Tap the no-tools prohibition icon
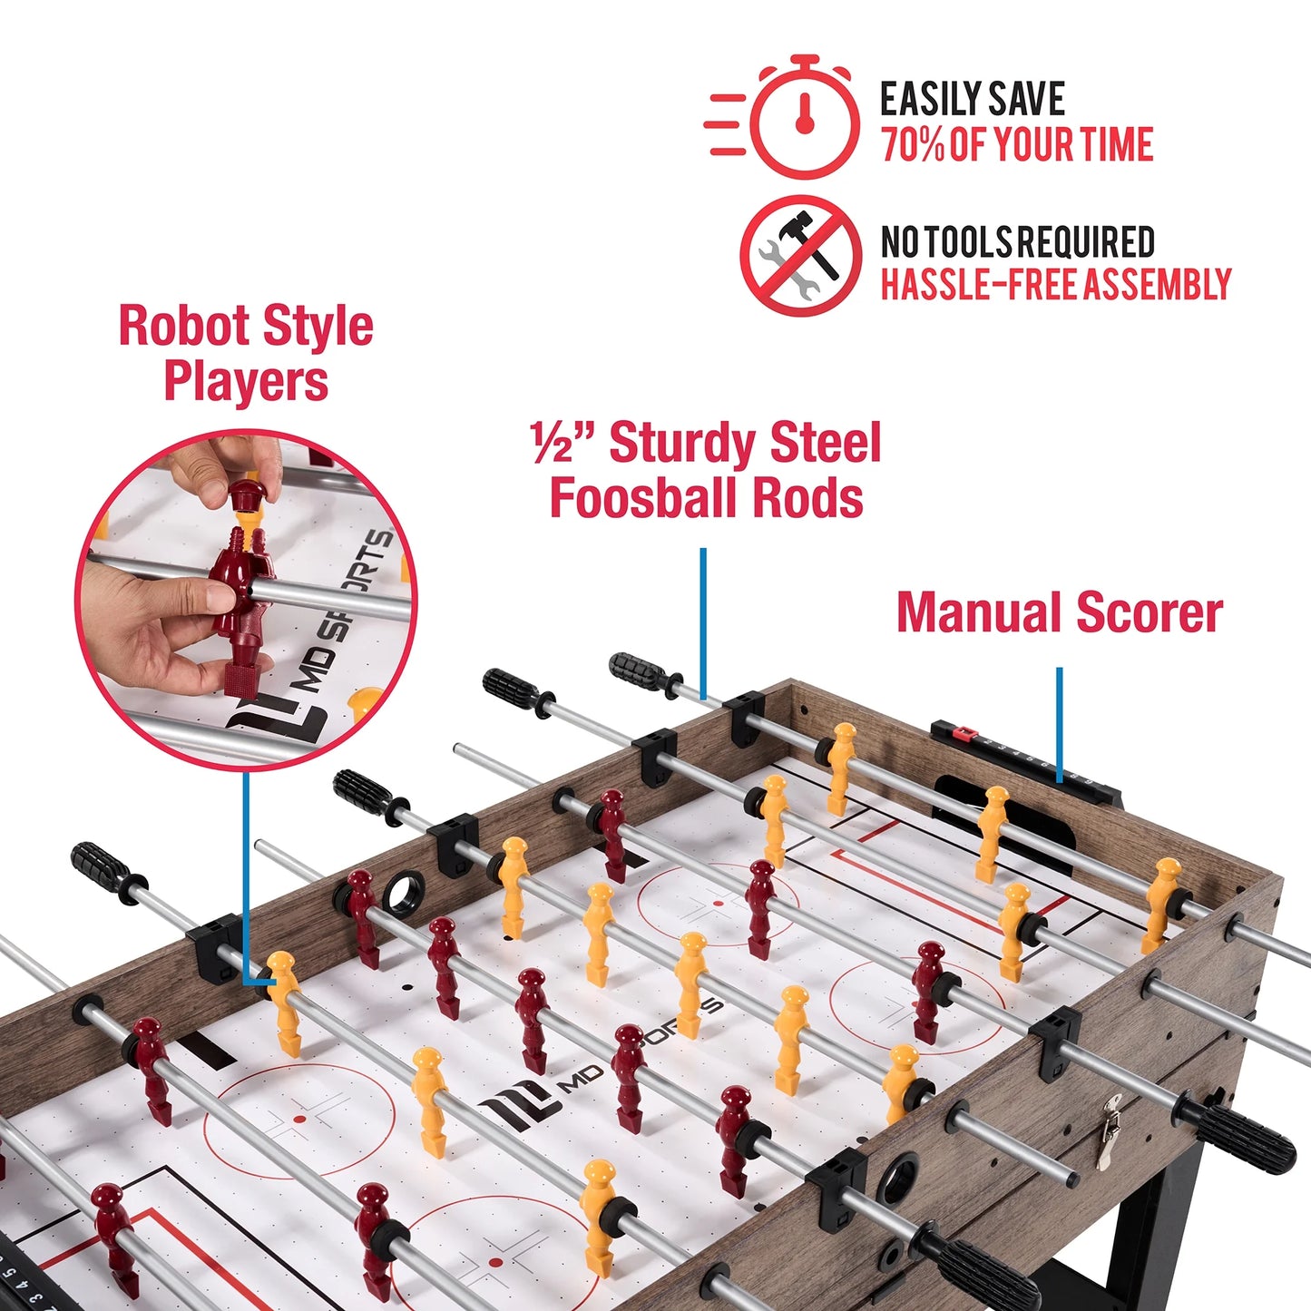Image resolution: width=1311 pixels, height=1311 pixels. (800, 256)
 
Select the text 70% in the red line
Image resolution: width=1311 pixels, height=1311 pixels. (913, 145)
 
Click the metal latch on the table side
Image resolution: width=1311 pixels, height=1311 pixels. (1108, 1130)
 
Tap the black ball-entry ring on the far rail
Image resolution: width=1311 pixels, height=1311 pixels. (401, 894)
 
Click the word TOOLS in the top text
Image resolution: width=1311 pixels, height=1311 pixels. (970, 242)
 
